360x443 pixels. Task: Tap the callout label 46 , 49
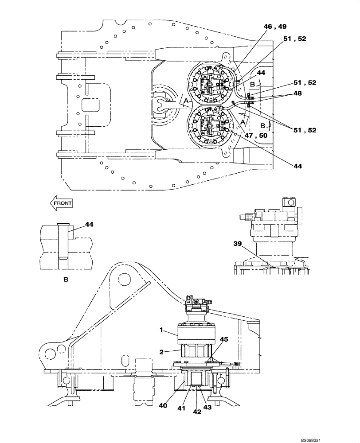(276, 27)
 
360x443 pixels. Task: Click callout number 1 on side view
(162, 330)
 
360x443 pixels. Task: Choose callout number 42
(197, 411)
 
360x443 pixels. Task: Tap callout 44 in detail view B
(90, 225)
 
